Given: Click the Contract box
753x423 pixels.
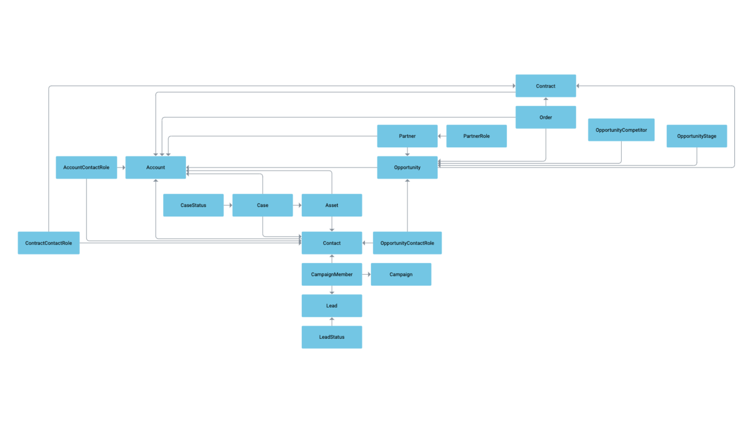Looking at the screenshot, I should point(545,86).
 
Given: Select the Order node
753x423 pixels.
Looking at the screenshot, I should point(545,117).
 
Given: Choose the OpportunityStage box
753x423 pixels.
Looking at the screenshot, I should point(696,136).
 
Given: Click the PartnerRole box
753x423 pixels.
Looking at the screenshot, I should point(476,136).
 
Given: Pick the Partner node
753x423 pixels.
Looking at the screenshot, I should point(407,136).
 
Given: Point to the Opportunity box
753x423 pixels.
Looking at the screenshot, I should point(407,167).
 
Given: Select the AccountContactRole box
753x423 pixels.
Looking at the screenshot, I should point(86,167).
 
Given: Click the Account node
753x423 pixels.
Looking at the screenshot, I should point(156,167).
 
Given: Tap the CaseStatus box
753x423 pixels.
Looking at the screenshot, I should point(193,205).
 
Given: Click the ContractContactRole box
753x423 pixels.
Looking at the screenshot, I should point(49,243).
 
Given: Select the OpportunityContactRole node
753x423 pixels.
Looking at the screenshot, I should point(407,243).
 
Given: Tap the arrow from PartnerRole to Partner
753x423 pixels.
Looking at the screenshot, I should point(442,136).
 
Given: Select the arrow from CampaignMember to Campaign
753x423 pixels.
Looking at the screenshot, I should point(366,274).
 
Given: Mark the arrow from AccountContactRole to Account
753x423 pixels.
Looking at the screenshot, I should point(121,167).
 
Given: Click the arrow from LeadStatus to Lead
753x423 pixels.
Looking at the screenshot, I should point(332,321).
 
